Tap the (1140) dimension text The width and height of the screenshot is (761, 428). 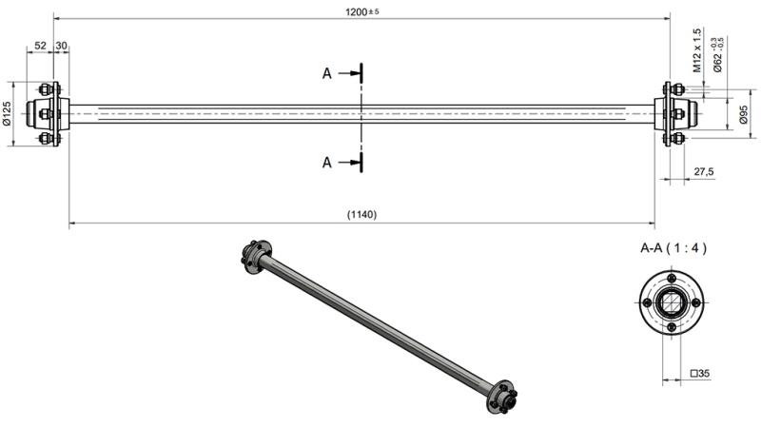(x=361, y=215)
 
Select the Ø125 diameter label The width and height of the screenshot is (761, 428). (x=7, y=114)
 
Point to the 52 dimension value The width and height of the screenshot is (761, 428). (x=40, y=46)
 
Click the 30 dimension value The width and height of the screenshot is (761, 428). (x=62, y=46)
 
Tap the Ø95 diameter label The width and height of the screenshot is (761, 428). (x=742, y=115)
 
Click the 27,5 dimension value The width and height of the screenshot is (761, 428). (x=704, y=172)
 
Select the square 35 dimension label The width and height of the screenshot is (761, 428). (x=702, y=374)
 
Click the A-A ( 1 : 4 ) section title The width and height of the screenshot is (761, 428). (x=673, y=248)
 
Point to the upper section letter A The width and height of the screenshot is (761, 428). (x=327, y=72)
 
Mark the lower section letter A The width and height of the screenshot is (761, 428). (x=327, y=163)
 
